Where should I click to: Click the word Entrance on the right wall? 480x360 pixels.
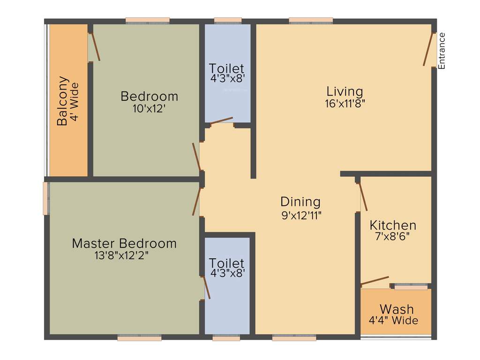click(x=442, y=51)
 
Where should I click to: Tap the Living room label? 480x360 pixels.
click(x=345, y=91)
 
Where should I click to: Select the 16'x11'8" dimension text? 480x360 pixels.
click(x=345, y=104)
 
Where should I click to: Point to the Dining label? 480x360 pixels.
click(x=300, y=202)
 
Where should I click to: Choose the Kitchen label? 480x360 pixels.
click(x=392, y=225)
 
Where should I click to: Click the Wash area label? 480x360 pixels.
click(x=397, y=309)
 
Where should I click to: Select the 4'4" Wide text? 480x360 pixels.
click(x=394, y=321)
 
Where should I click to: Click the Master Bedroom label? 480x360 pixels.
click(x=124, y=244)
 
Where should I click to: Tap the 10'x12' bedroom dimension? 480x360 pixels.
click(x=149, y=108)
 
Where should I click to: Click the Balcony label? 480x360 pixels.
click(x=62, y=101)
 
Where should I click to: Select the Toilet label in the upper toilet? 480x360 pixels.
click(x=226, y=68)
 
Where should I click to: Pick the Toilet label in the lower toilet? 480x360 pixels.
click(x=226, y=263)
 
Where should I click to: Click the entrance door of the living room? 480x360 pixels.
click(x=428, y=49)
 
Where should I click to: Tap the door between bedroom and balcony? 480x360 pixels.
click(x=95, y=46)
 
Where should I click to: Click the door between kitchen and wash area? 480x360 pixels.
click(x=375, y=281)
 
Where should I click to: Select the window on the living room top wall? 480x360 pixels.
click(x=311, y=21)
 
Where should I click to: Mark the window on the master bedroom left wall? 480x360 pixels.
click(x=46, y=198)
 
